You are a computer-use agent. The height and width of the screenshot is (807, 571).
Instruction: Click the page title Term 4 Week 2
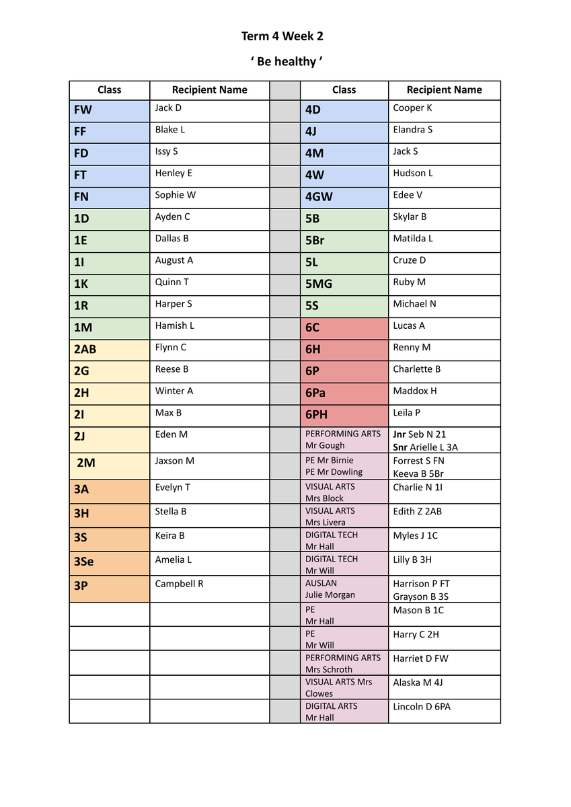pyautogui.click(x=282, y=36)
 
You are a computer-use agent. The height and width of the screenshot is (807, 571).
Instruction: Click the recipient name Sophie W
pyautogui.click(x=176, y=195)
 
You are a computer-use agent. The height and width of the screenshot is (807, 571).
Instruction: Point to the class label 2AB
pyautogui.click(x=85, y=349)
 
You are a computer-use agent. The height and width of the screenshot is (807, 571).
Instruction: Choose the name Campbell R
pyautogui.click(x=179, y=584)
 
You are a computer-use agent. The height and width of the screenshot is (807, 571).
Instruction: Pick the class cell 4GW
pyautogui.click(x=319, y=197)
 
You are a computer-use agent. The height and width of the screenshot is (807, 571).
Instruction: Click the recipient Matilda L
pyautogui.click(x=413, y=238)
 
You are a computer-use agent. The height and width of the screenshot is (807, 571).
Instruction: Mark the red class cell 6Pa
pyautogui.click(x=315, y=393)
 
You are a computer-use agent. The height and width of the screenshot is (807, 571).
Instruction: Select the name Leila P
pyautogui.click(x=407, y=412)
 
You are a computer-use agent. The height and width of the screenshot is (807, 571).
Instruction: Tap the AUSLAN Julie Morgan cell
pyautogui.click(x=344, y=588)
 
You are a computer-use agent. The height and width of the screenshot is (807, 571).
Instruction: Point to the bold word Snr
pyautogui.click(x=400, y=447)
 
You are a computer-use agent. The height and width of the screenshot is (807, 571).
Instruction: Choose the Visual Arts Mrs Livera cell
pyautogui.click(x=344, y=516)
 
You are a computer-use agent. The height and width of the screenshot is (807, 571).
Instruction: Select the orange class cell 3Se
pyautogui.click(x=84, y=562)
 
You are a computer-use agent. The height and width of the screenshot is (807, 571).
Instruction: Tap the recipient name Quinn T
pyautogui.click(x=172, y=282)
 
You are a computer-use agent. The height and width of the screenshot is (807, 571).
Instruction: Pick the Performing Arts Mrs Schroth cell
pyautogui.click(x=344, y=663)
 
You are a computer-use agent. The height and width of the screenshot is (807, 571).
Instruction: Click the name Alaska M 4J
pyautogui.click(x=418, y=683)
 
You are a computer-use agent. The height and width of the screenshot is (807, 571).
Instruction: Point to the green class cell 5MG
pyautogui.click(x=319, y=284)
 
